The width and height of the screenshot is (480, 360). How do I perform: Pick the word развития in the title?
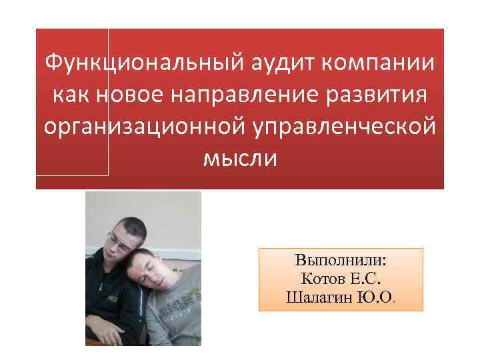pos(383,96)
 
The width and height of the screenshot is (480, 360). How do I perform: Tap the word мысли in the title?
pos(239,159)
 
